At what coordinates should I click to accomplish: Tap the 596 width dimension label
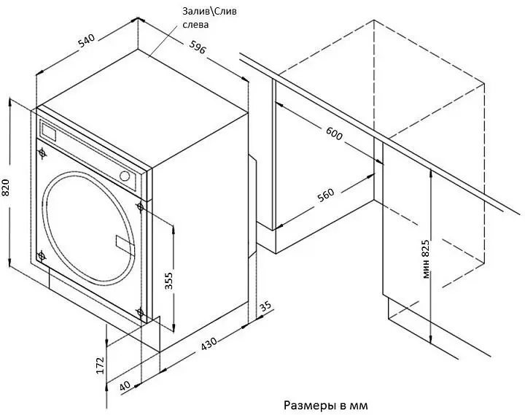point(197,47)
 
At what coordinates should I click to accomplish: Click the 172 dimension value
point(100,365)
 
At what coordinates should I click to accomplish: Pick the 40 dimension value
point(125,386)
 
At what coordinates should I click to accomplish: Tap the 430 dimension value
point(209,344)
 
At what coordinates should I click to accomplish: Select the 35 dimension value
point(265,306)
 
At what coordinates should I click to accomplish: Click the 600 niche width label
point(334,133)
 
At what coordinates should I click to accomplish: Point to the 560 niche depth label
point(326,195)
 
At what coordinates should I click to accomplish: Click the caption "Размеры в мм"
point(326,406)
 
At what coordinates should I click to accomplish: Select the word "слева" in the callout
point(195,25)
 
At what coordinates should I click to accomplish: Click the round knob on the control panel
point(125,177)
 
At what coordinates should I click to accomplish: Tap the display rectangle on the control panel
point(48,131)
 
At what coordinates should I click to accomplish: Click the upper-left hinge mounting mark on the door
point(42,153)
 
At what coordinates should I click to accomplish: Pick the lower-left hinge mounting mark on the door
point(41,256)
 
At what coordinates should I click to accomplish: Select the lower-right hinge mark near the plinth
point(140,312)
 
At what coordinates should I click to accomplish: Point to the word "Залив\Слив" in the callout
point(209,12)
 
